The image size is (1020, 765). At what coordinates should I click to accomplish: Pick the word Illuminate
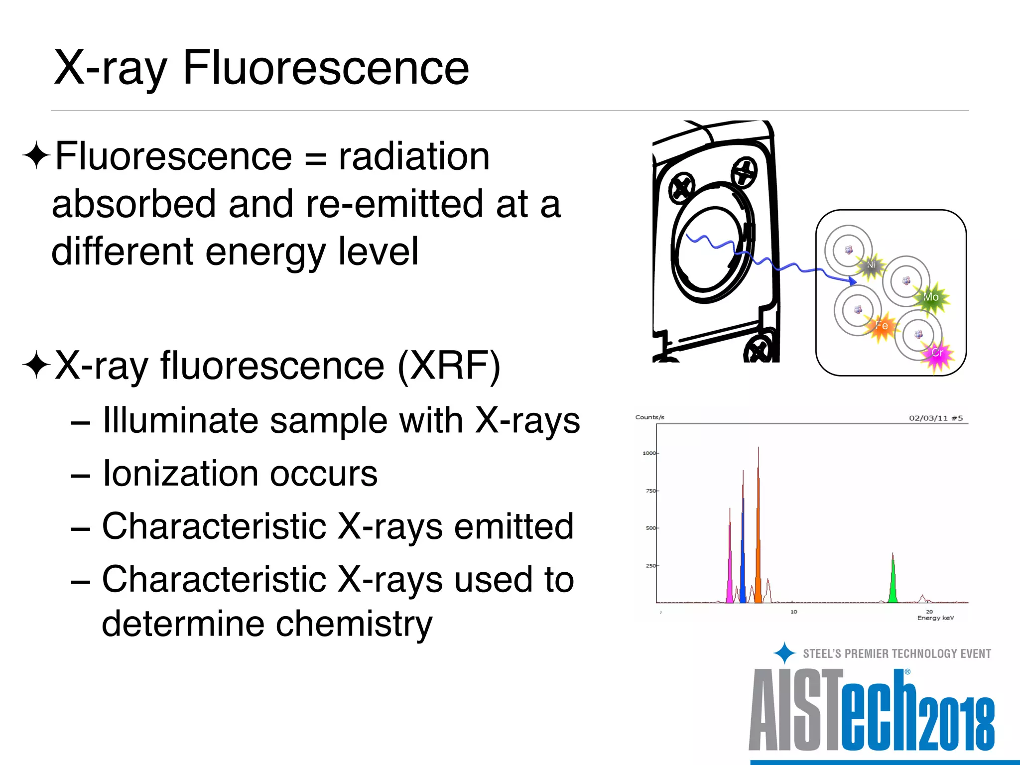click(180, 420)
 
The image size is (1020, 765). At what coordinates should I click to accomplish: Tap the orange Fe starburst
click(882, 326)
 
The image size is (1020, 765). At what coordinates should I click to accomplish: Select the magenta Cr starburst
click(937, 353)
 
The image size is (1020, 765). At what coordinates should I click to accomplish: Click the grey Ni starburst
click(871, 265)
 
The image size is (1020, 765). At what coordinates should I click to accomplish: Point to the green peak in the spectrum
click(893, 583)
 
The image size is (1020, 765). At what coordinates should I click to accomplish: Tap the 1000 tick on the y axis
click(649, 453)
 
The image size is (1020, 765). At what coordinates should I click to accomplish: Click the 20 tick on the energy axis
click(929, 611)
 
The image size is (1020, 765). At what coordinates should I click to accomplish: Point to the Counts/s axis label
click(649, 417)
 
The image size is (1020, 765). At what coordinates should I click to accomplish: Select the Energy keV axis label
click(935, 618)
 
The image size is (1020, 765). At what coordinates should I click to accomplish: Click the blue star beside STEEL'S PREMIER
click(784, 653)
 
